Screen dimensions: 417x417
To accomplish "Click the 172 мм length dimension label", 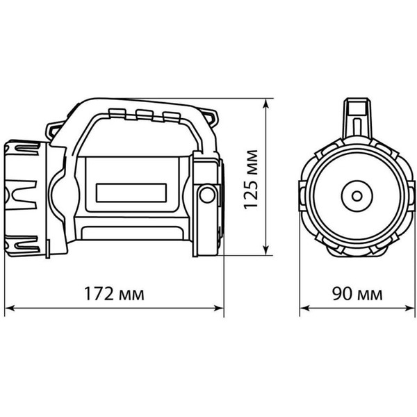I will (x=116, y=294).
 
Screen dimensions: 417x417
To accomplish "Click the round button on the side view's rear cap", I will (x=206, y=195).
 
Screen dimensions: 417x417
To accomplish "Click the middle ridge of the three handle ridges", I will (x=144, y=114).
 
